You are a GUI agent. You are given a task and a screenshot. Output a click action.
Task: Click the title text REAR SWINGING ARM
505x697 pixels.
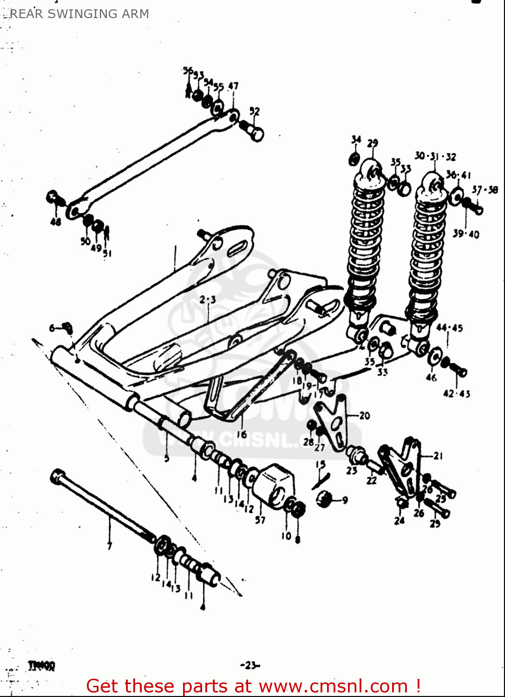click(x=79, y=14)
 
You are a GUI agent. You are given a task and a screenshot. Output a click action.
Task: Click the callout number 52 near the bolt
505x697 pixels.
click(x=254, y=112)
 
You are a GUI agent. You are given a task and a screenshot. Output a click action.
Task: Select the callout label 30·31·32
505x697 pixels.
click(x=435, y=156)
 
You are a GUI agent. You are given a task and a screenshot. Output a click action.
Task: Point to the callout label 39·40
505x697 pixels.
click(x=466, y=234)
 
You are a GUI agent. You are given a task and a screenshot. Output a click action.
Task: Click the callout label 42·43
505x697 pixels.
click(x=456, y=394)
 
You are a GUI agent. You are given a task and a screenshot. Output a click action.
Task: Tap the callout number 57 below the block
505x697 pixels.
click(x=260, y=520)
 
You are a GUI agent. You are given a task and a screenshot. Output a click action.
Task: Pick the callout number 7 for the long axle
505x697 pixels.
click(x=110, y=546)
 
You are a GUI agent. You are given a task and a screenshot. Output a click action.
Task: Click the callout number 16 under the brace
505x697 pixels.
click(x=242, y=434)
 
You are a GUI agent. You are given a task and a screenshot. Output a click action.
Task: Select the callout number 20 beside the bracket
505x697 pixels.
click(x=364, y=415)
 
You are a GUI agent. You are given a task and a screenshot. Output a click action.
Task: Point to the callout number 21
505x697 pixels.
click(x=438, y=456)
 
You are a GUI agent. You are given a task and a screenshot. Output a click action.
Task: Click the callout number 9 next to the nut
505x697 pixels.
click(x=344, y=500)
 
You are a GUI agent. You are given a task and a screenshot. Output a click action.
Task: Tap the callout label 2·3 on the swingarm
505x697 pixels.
click(x=208, y=300)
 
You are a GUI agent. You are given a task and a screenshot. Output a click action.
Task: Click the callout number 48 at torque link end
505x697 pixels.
click(x=56, y=222)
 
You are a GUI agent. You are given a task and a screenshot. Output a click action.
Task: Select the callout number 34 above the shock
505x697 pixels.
click(x=356, y=140)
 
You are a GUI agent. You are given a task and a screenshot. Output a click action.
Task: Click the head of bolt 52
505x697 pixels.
click(x=256, y=134)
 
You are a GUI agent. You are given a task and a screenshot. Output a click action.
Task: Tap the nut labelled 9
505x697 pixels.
click(x=325, y=500)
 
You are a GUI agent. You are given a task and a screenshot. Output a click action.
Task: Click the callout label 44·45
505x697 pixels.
click(x=449, y=328)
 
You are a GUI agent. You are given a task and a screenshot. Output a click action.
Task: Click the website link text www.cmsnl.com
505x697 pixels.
click(x=333, y=686)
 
